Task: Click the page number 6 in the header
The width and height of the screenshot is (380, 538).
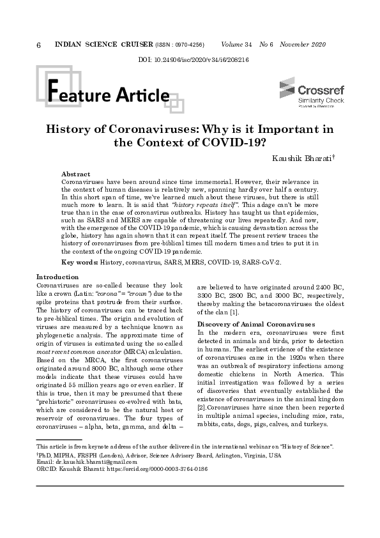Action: tap(40, 45)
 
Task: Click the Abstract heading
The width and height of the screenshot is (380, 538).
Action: tap(75, 174)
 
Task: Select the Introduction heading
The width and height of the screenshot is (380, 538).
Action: tap(57, 277)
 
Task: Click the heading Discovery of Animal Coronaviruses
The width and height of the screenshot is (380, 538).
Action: tap(256, 325)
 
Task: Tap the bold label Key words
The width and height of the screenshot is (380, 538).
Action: tap(79, 263)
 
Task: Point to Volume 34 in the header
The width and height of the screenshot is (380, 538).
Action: tap(236, 45)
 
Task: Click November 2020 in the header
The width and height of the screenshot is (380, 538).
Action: tap(303, 45)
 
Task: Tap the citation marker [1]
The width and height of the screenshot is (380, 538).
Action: tap(235, 312)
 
